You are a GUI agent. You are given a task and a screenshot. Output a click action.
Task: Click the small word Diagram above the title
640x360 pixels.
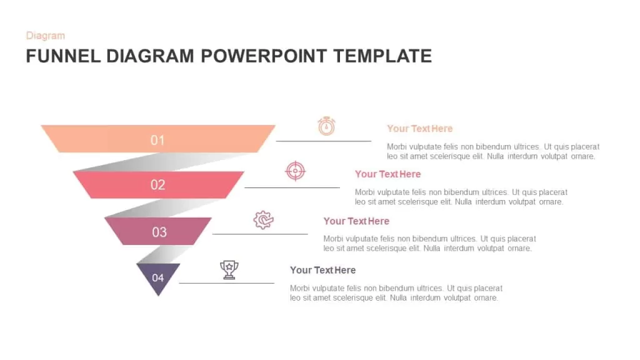[x=45, y=36]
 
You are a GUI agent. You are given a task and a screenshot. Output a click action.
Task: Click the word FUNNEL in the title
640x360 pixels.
[x=63, y=56]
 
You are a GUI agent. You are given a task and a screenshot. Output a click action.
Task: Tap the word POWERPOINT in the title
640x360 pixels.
[x=264, y=56]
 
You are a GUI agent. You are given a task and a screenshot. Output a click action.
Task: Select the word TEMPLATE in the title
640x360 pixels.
[x=382, y=56]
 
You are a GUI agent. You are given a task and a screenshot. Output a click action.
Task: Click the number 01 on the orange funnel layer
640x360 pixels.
[x=157, y=141]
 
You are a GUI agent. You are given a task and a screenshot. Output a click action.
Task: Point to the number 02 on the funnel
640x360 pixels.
[x=157, y=185]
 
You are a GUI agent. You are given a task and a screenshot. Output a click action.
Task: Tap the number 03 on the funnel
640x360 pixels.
[x=159, y=232]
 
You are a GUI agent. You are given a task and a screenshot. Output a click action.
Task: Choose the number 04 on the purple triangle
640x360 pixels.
[x=158, y=278]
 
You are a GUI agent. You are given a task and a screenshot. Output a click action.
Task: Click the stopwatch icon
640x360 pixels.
[x=326, y=126]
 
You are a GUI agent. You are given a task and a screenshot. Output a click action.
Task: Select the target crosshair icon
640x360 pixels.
[x=295, y=171]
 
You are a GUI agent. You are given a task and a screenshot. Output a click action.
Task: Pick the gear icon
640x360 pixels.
[x=263, y=220]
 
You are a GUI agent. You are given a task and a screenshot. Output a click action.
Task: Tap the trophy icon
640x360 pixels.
[x=229, y=270]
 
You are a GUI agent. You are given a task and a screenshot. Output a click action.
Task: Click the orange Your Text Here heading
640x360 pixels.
[x=419, y=129]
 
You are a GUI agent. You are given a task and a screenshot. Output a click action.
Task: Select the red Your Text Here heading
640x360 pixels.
[x=387, y=174]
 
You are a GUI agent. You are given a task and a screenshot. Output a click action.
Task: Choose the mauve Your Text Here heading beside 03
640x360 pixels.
[x=356, y=221]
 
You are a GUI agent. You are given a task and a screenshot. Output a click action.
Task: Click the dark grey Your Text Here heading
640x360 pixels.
[x=323, y=270]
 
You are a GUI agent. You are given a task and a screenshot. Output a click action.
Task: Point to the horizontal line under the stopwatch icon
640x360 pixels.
[x=324, y=141]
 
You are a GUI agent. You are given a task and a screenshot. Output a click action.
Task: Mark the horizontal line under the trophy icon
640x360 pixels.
[x=227, y=283]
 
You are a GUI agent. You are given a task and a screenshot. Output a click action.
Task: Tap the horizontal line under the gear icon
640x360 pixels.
[x=260, y=234]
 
